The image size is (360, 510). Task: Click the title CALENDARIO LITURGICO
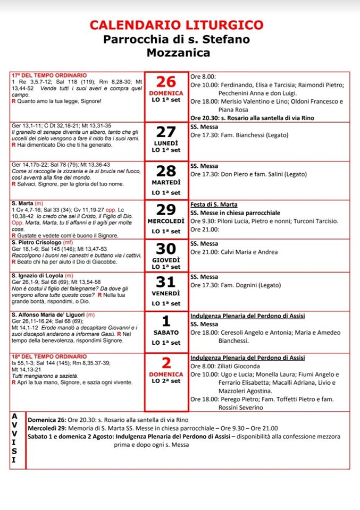tap(177, 25)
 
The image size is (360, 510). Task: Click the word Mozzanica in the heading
tap(178, 52)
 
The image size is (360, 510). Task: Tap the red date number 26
tap(166, 82)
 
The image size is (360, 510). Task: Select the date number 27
tap(166, 132)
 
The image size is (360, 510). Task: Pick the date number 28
tap(166, 171)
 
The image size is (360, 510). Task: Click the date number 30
tap(166, 248)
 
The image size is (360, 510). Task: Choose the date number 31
tap(166, 283)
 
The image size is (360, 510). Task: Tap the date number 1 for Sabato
tap(166, 321)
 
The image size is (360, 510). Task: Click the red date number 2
tap(166, 363)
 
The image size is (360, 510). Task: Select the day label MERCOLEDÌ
tap(166, 220)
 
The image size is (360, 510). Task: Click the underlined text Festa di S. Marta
tap(214, 205)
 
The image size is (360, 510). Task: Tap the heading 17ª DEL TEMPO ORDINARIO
tap(49, 75)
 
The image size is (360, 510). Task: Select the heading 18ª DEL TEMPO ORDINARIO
tap(49, 356)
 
